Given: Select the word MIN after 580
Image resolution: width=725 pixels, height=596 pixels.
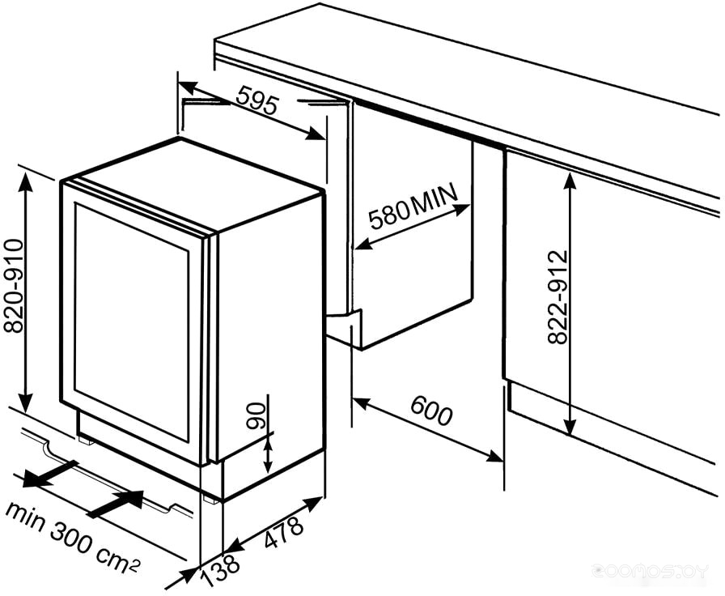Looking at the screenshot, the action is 433,198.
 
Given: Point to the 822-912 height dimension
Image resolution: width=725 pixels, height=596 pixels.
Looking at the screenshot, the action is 558,296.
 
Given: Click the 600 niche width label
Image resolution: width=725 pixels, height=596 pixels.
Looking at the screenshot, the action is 430,410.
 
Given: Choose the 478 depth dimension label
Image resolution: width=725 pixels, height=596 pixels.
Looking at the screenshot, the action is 284,532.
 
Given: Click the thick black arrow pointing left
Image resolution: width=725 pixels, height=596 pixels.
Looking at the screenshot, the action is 49,474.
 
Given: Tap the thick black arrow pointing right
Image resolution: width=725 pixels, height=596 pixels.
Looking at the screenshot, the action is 116,504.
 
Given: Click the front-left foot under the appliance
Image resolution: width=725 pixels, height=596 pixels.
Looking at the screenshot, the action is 85,439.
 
